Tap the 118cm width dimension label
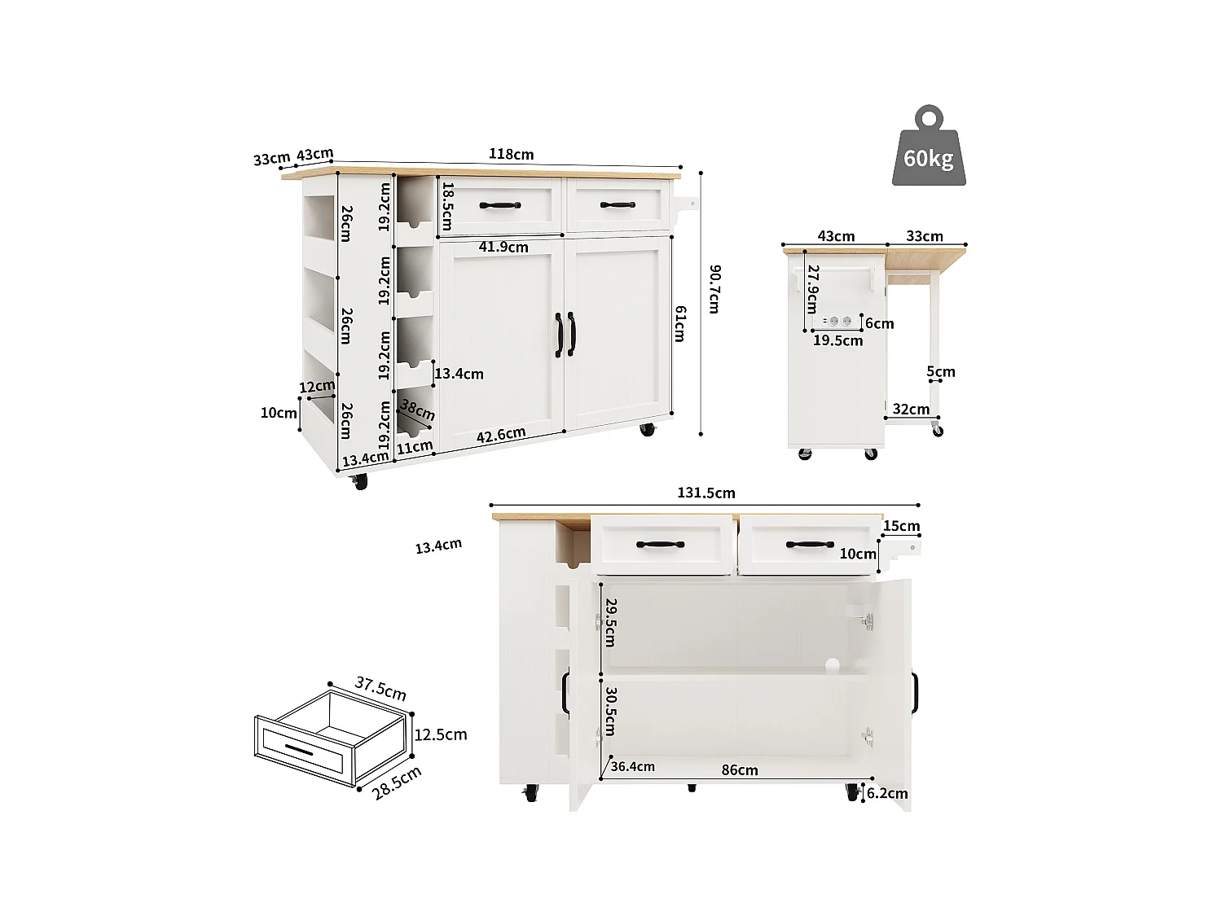pos(511,154)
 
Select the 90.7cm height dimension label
pos(714,288)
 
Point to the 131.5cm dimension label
pos(706,493)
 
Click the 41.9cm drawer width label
pos(503,247)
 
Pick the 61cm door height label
pos(679,323)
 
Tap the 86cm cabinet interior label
pos(739,769)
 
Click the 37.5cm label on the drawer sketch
pos(380,688)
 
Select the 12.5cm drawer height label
pos(441,734)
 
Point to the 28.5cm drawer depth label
pos(397,782)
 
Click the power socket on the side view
pos(840,322)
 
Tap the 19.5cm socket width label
pos(837,340)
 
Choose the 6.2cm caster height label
pos(886,793)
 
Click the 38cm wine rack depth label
pos(417,410)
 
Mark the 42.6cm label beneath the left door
pos(500,436)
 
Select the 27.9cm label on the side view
pos(811,288)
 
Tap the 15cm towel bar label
pos(901,526)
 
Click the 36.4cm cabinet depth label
pos(632,766)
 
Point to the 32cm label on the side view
pos(910,409)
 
